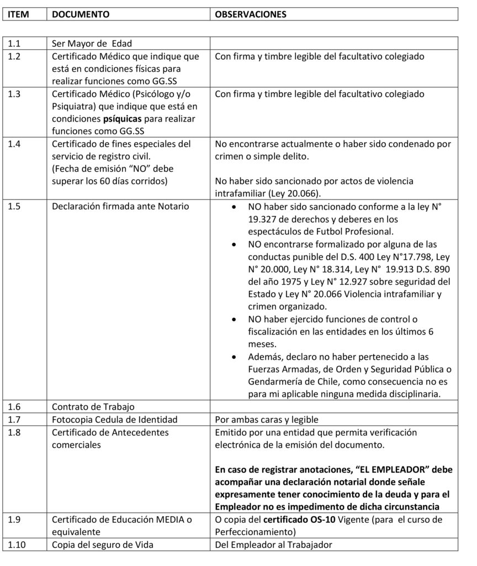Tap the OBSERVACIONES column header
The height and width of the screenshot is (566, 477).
click(x=251, y=14)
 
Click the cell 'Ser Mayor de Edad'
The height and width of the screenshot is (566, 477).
click(x=92, y=43)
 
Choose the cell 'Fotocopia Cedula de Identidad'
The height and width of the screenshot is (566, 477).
click(x=114, y=419)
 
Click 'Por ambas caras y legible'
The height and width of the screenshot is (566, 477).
click(x=267, y=419)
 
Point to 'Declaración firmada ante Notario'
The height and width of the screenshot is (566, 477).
click(x=120, y=207)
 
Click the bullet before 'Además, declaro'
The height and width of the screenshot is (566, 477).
click(x=235, y=357)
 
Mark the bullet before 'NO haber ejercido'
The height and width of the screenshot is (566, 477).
click(x=235, y=320)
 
